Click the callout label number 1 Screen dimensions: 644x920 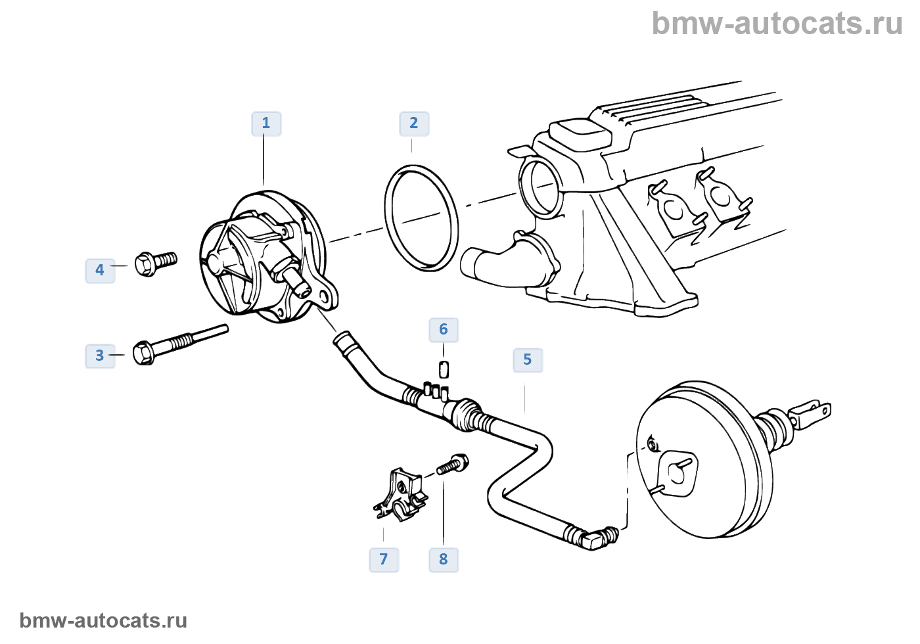(x=266, y=124)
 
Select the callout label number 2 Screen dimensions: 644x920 (x=414, y=124)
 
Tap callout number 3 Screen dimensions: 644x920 (x=100, y=356)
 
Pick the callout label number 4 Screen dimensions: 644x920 (x=100, y=270)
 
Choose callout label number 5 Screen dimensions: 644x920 (x=528, y=360)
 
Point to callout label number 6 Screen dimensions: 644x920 (x=444, y=330)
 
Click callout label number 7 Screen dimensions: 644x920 (x=384, y=560)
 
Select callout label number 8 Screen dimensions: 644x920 (x=444, y=560)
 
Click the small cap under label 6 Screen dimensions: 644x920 (x=444, y=369)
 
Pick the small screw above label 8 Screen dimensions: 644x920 (x=453, y=465)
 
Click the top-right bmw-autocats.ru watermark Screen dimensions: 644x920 (x=777, y=24)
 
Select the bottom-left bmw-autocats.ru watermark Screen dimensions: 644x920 (x=103, y=620)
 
